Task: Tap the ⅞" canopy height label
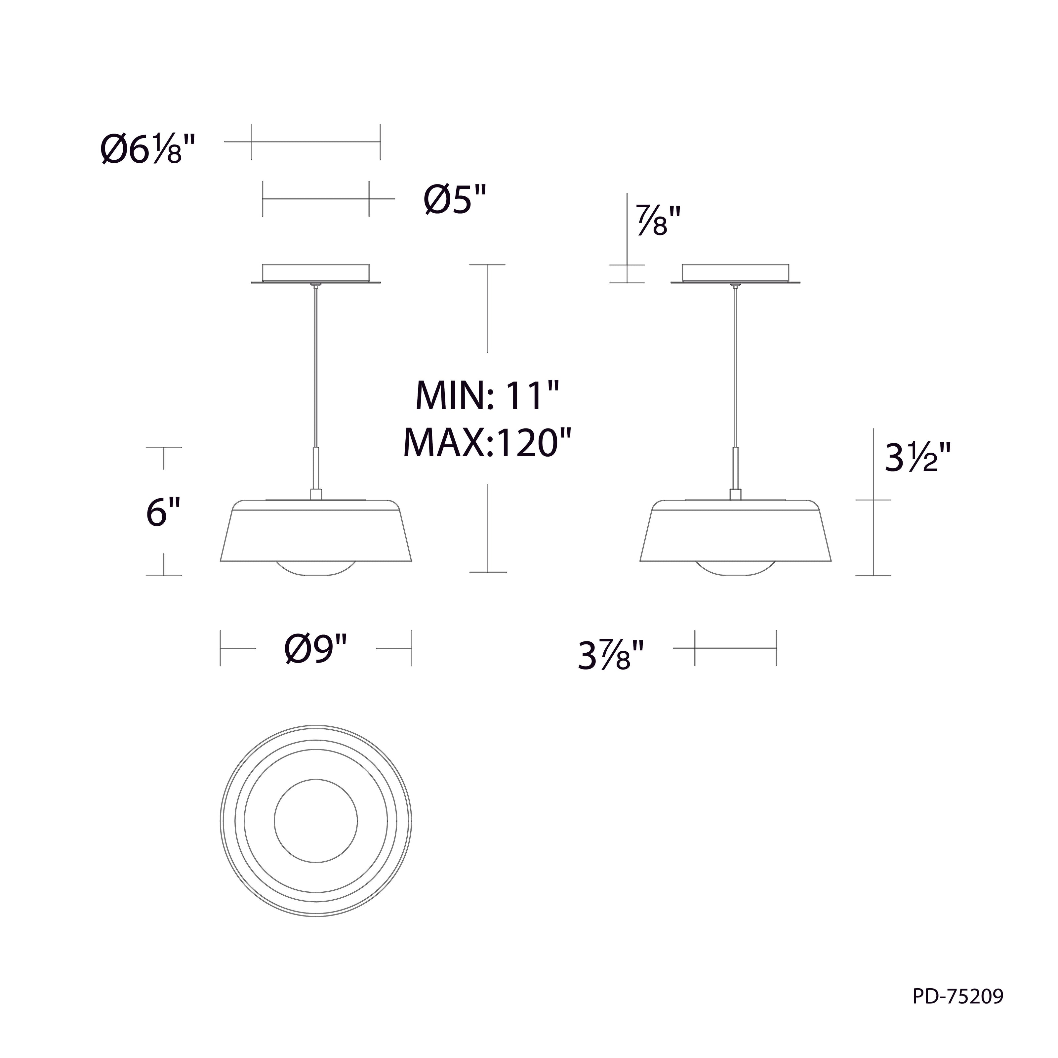[658, 220]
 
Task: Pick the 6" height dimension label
[164, 512]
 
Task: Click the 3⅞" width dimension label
[610, 656]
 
